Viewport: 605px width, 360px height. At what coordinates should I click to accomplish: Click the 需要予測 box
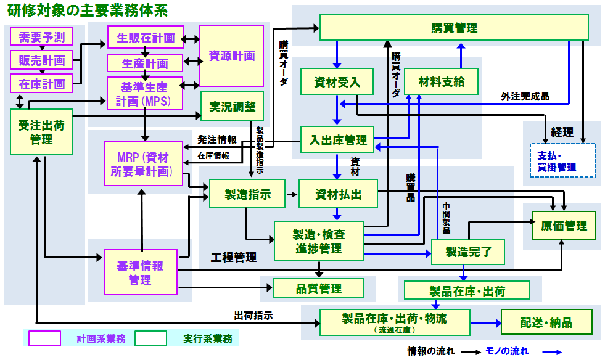(x=41, y=37)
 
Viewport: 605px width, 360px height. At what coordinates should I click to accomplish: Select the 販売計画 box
(x=41, y=60)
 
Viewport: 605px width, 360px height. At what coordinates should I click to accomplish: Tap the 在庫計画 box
(x=41, y=83)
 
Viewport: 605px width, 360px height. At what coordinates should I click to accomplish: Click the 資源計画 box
(x=232, y=55)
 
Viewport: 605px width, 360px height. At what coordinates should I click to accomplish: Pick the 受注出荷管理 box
(x=41, y=133)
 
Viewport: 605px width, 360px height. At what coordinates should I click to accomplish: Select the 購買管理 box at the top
(x=454, y=28)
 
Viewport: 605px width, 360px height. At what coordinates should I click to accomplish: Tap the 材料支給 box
(x=441, y=81)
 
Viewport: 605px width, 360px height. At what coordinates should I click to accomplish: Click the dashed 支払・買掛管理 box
(x=562, y=160)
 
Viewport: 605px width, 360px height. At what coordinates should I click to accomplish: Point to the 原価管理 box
(x=564, y=226)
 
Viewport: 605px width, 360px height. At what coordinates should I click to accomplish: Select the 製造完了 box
(x=467, y=251)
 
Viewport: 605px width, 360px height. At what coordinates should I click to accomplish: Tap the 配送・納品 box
(x=546, y=323)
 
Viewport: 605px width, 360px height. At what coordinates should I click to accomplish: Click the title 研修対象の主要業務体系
(x=86, y=10)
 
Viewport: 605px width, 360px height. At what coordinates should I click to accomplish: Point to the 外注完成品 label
(x=525, y=97)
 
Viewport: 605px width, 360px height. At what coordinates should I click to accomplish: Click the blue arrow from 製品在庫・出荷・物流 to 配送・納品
(x=485, y=323)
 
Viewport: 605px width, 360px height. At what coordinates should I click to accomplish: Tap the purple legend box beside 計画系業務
(x=44, y=338)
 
